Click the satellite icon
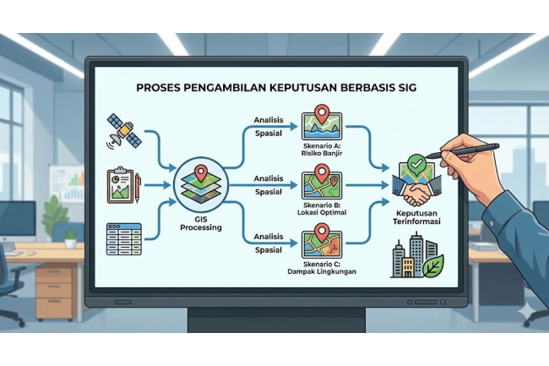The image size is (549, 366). click(x=122, y=128)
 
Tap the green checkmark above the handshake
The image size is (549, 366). click(x=414, y=161)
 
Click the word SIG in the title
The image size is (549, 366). click(x=404, y=88)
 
